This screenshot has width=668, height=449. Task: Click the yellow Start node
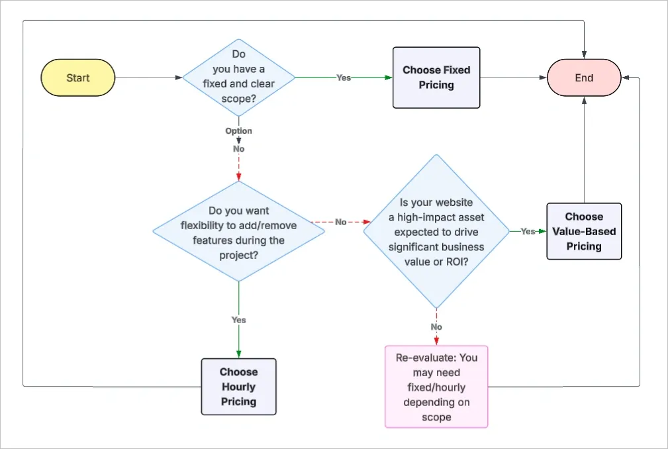(x=78, y=77)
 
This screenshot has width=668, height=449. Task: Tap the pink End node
(x=583, y=77)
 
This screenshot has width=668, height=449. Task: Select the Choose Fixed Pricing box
(x=436, y=77)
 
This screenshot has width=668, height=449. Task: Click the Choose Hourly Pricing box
(x=238, y=387)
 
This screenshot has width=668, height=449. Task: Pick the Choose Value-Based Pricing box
(x=584, y=231)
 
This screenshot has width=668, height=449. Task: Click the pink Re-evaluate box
(x=436, y=387)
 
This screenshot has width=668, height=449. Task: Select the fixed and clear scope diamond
(x=238, y=77)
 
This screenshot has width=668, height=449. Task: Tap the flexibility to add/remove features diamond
(x=238, y=231)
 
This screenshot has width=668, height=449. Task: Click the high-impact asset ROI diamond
(x=436, y=231)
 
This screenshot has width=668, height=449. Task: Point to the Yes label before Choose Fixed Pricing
(x=344, y=77)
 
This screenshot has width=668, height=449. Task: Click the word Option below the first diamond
(x=238, y=131)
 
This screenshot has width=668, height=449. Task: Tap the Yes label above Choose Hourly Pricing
(x=238, y=320)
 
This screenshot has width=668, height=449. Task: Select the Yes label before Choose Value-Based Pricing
(x=528, y=231)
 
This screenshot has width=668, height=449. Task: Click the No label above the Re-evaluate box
(x=436, y=327)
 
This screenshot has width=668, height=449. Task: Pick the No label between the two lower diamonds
(x=340, y=222)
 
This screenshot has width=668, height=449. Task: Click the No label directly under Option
(x=238, y=149)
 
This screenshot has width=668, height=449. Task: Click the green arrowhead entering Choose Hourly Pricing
(x=238, y=354)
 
